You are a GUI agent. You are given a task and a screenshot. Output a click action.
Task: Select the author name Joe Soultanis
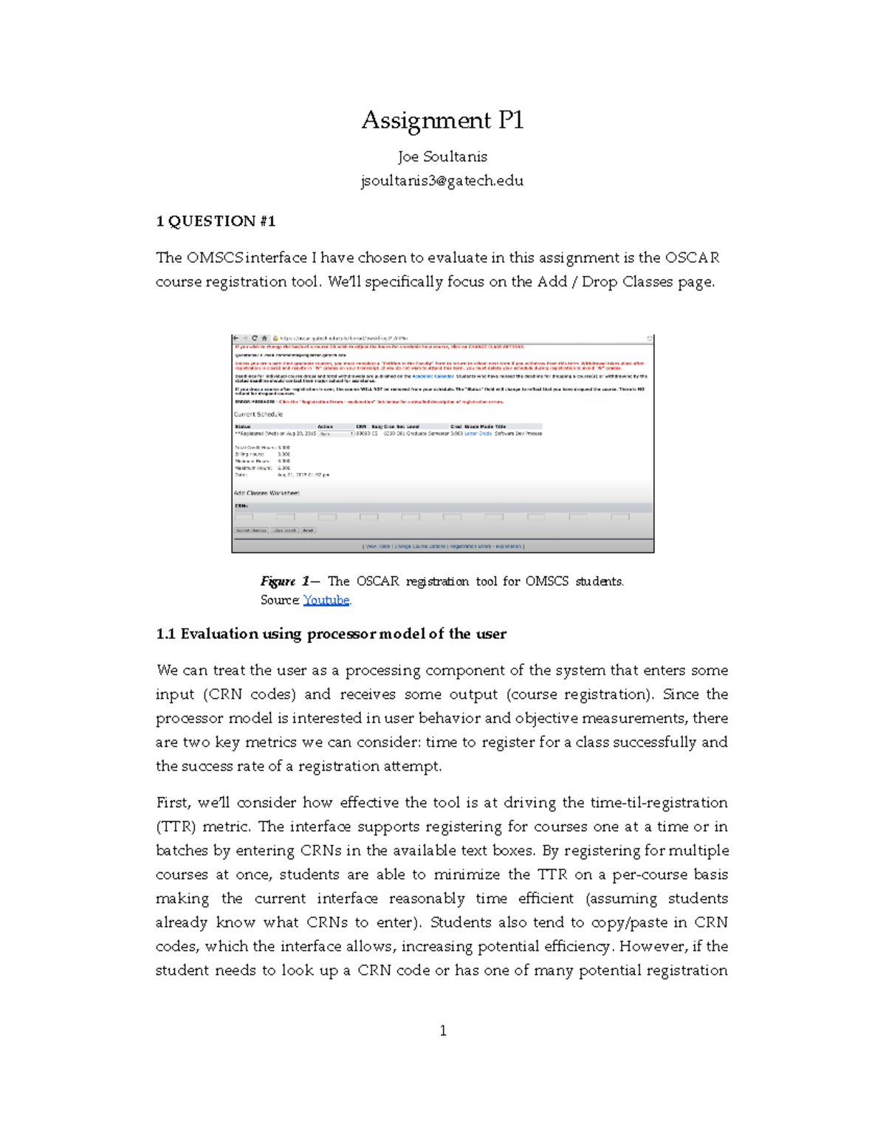click(442, 156)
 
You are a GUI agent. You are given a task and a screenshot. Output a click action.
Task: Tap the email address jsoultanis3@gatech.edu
click(442, 181)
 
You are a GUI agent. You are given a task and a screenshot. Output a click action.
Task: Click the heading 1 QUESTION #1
click(216, 221)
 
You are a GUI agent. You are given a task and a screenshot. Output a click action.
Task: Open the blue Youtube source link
click(326, 600)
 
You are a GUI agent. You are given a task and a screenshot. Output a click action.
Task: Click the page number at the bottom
click(443, 1031)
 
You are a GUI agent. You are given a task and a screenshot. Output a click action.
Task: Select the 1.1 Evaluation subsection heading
click(331, 634)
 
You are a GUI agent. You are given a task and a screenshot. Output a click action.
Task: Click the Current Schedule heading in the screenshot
click(258, 415)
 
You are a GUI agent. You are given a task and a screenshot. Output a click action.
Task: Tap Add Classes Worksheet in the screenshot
click(267, 493)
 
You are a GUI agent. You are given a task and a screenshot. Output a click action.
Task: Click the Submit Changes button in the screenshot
click(251, 531)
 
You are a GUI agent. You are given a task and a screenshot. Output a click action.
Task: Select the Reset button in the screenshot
click(308, 531)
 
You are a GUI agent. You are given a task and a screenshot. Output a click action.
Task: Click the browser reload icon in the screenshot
click(255, 339)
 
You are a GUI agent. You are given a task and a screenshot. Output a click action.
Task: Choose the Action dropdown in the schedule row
click(334, 434)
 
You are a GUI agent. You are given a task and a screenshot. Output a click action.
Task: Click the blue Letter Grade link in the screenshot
click(478, 434)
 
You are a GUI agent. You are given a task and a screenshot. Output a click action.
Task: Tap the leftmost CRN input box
click(244, 517)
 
